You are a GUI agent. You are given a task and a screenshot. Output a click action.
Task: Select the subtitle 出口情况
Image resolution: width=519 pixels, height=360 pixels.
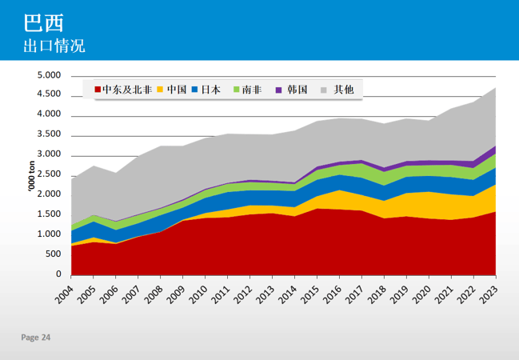54,45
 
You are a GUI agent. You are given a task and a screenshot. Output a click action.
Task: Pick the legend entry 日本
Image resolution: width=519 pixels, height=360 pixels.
211,90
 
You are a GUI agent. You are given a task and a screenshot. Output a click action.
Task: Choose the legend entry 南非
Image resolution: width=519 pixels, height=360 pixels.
252,90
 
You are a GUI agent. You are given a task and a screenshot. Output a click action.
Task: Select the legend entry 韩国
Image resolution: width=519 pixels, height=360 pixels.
297,90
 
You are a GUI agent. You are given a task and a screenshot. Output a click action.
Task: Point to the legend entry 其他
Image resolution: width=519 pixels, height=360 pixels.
344,90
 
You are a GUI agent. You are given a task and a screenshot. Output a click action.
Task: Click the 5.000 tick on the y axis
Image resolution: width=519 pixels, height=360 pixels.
50,75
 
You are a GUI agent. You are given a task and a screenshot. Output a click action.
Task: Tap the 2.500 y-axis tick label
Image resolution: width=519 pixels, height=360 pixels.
50,174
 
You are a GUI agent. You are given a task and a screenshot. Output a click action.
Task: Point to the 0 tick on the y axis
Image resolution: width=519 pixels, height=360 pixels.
58,274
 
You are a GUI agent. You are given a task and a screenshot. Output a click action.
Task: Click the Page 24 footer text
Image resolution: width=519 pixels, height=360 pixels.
35,338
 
